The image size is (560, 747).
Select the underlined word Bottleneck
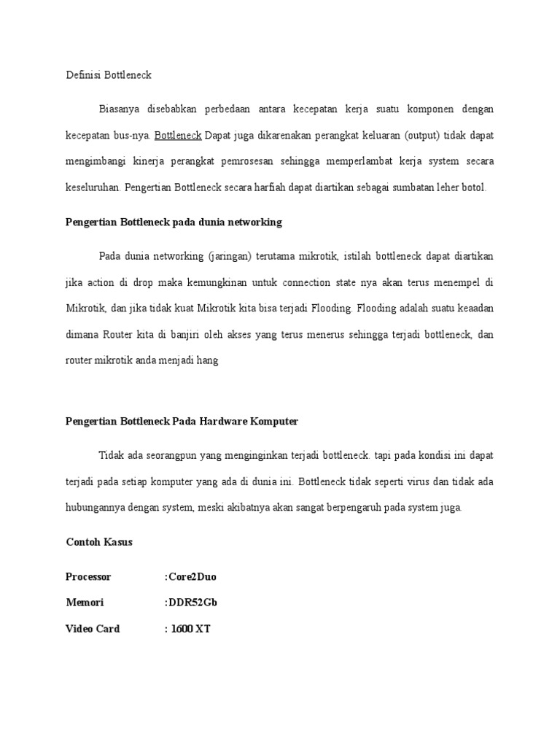point(179,135)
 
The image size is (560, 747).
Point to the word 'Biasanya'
point(121,109)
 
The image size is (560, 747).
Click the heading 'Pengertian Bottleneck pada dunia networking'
point(174,222)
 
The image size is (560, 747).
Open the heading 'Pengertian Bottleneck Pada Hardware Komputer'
point(182,422)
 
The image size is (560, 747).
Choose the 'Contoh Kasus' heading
point(99,542)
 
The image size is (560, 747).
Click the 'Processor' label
point(88,576)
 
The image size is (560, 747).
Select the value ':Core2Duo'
point(191,576)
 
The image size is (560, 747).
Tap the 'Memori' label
point(85,603)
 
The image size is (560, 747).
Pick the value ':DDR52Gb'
point(191,603)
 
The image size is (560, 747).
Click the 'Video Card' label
point(93,628)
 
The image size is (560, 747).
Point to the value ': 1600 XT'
point(188,628)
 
